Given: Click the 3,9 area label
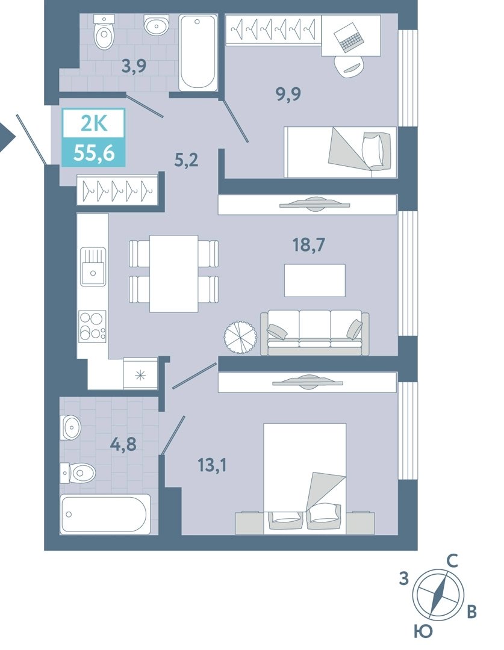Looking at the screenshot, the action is (x=134, y=66).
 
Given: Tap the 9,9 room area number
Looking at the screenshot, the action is (x=288, y=94).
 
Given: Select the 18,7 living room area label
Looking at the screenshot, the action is (x=309, y=246).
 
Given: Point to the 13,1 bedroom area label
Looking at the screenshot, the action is (x=213, y=465).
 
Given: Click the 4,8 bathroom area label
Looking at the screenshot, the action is (x=123, y=444).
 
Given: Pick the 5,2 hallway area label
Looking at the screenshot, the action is (x=186, y=159).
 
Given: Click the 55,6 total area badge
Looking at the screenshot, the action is (x=94, y=153).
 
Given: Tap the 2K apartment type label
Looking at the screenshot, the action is (x=94, y=124).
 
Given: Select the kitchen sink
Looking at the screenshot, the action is (x=93, y=266).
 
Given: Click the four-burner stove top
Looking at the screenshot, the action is (x=93, y=326).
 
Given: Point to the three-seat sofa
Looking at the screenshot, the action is (x=314, y=332).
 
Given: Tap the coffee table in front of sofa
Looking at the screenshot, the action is (x=315, y=280).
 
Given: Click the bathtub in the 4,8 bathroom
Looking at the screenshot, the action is (x=105, y=513).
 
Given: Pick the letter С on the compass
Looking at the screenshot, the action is (x=452, y=561).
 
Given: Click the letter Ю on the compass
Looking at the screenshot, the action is (x=422, y=632).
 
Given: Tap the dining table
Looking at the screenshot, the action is (x=174, y=274).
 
